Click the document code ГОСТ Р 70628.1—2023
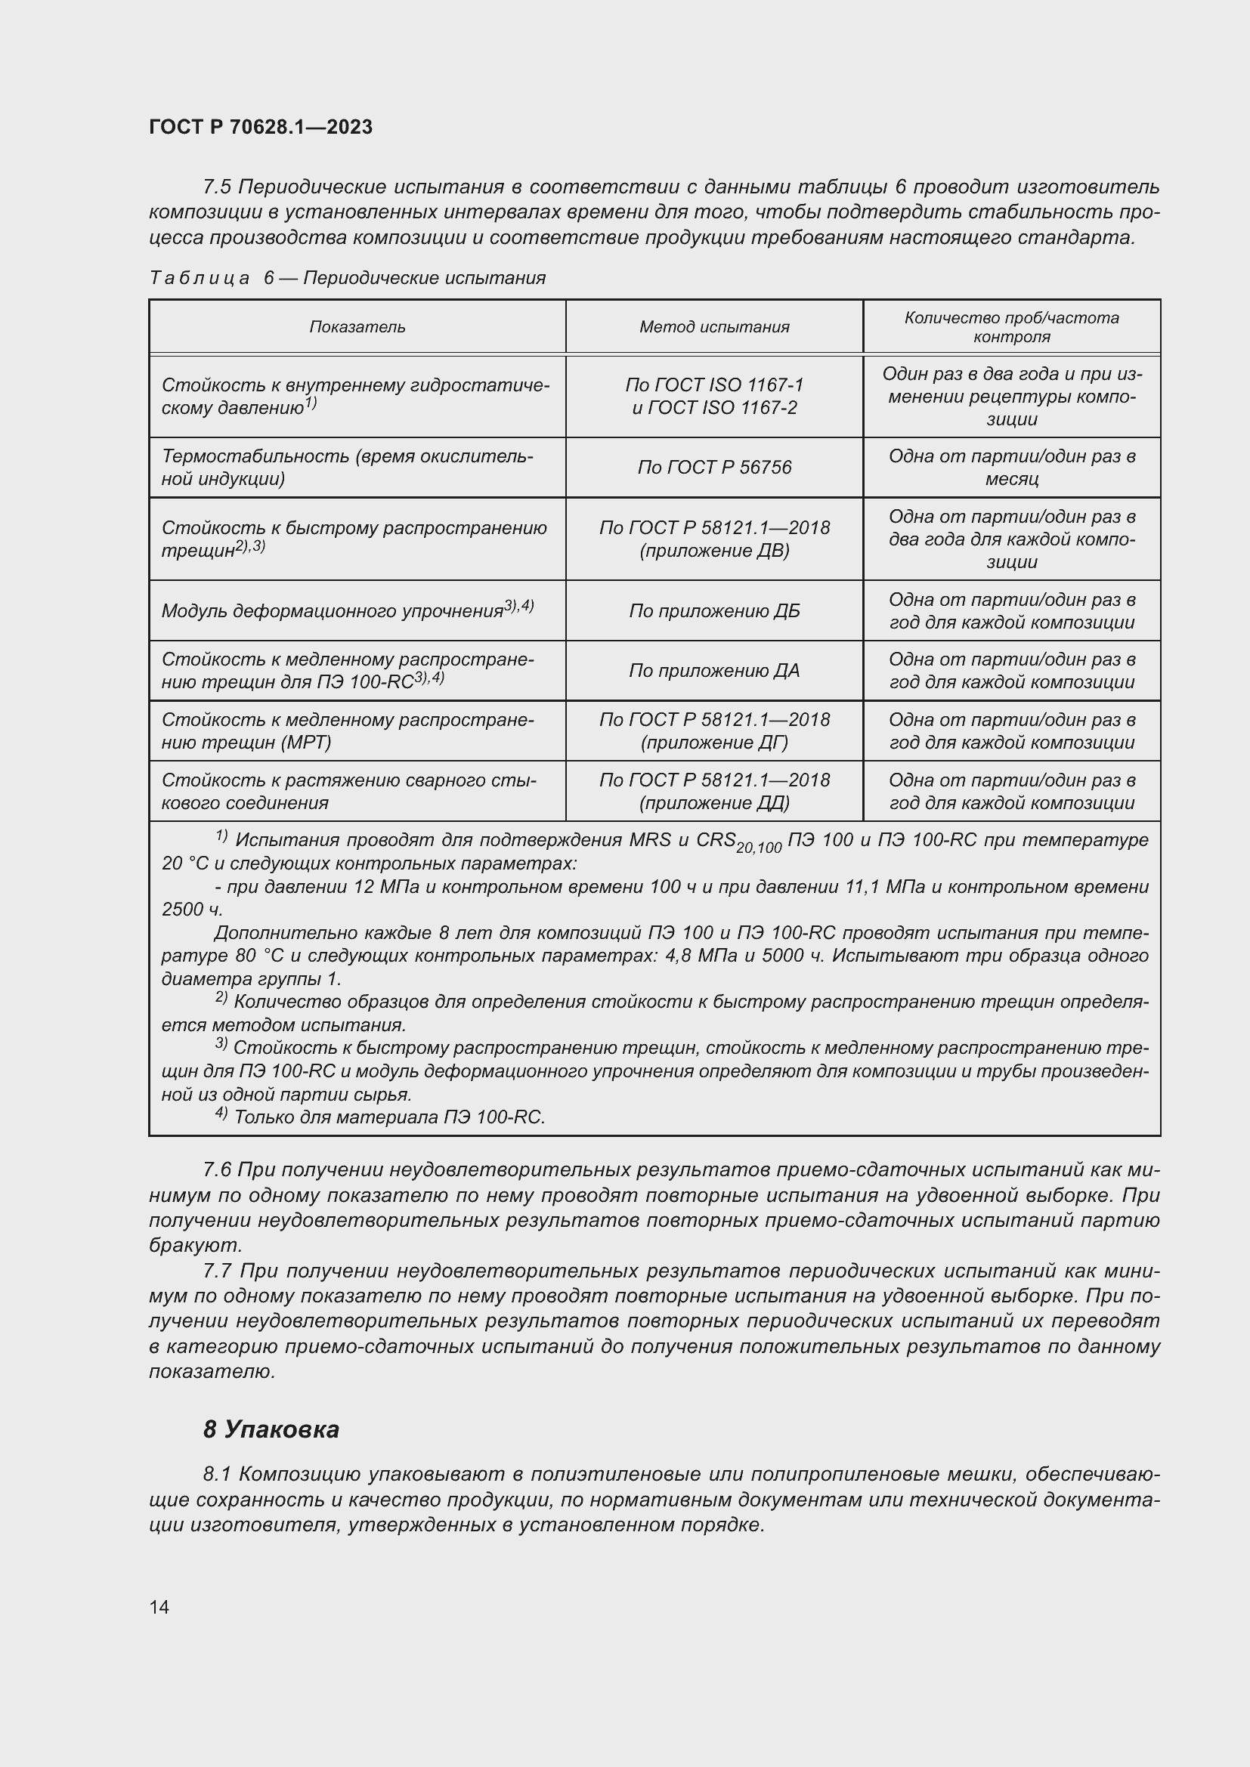click(261, 127)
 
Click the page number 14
click(159, 1607)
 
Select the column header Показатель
click(357, 327)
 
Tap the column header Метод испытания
click(714, 327)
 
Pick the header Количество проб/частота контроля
click(1011, 327)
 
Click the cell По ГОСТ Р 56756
click(714, 468)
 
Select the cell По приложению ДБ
click(714, 611)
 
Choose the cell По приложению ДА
click(714, 671)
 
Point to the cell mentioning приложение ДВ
click(714, 539)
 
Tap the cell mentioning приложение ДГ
click(714, 731)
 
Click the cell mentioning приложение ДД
click(714, 791)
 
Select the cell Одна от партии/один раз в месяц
click(1011, 468)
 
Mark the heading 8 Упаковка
click(271, 1430)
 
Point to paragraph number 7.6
click(217, 1170)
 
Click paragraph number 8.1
click(217, 1475)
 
